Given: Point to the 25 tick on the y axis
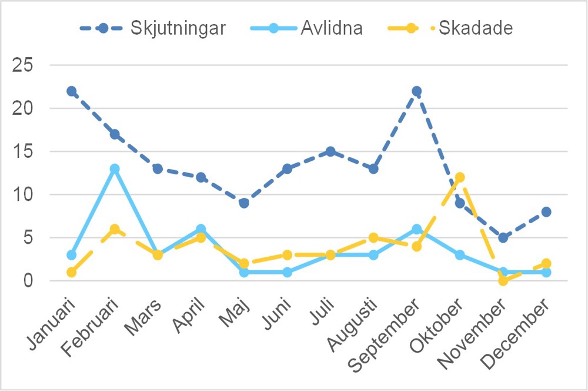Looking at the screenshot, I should click(25, 65).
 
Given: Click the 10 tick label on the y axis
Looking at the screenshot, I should click(25, 195).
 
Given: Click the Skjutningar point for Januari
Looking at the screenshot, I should click(72, 91).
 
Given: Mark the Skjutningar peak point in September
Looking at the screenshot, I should click(417, 91).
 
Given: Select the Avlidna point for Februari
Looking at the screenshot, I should click(115, 169).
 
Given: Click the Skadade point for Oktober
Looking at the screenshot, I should click(460, 177).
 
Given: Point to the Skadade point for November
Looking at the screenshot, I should click(503, 280).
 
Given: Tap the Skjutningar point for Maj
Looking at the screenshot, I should click(244, 203).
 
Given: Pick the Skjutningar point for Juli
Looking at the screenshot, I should click(330, 151).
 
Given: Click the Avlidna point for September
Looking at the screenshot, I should click(417, 229).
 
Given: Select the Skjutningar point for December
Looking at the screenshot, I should click(546, 212).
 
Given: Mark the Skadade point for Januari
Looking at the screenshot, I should click(72, 272).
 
